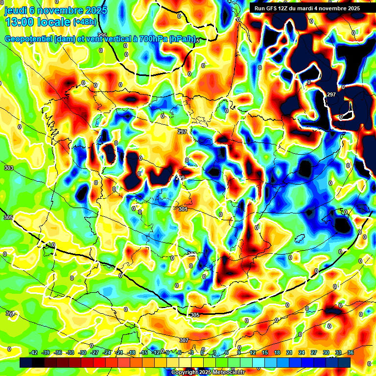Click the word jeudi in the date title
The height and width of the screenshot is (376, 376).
click(15, 10)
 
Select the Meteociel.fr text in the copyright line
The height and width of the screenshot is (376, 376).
click(225, 373)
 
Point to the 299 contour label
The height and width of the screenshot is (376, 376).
click(181, 178)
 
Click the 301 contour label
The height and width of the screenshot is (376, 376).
click(183, 209)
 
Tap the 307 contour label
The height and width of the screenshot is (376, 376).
click(184, 340)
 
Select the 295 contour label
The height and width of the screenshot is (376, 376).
click(102, 35)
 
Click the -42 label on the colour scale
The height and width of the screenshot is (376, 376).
click(34, 352)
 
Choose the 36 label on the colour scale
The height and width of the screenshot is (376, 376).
click(350, 352)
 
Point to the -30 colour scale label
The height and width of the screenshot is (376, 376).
click(83, 352)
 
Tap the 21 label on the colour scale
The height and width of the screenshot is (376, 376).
click(289, 352)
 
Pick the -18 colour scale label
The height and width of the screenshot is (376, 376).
click(131, 352)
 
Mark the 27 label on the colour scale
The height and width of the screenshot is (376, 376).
click(313, 352)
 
